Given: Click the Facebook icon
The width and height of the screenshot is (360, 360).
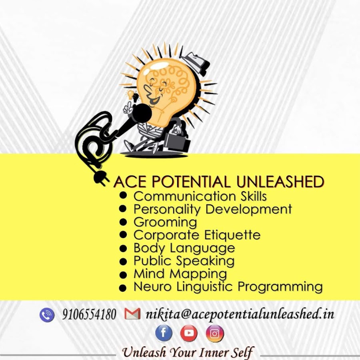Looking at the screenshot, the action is click(x=164, y=333).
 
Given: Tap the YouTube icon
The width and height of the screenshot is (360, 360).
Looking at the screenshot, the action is click(x=189, y=333).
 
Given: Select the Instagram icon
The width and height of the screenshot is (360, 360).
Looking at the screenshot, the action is click(x=215, y=334).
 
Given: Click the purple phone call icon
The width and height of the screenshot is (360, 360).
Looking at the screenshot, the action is click(x=47, y=315).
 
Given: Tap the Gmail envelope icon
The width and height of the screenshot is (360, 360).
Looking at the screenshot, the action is click(x=132, y=314).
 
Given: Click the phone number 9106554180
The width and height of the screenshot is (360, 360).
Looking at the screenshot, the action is click(x=89, y=314).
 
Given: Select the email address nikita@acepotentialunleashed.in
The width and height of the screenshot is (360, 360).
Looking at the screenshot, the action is click(x=240, y=314).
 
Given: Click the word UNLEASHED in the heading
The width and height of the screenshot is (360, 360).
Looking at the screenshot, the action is click(x=280, y=182).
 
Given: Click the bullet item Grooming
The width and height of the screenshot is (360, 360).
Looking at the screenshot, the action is click(x=165, y=222).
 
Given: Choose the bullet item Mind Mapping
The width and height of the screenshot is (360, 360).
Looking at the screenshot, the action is click(x=180, y=274).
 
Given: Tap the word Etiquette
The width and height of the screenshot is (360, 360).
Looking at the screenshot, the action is click(x=232, y=235).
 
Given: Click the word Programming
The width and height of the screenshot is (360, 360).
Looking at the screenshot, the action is click(x=280, y=287).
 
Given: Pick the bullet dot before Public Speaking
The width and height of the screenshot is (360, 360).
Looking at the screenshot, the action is click(x=123, y=262).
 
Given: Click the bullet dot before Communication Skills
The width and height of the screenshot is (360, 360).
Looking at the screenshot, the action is click(x=123, y=195).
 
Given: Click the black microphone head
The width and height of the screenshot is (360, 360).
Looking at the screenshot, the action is click(x=142, y=113).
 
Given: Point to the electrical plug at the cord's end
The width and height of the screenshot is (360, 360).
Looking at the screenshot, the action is click(x=100, y=178).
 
